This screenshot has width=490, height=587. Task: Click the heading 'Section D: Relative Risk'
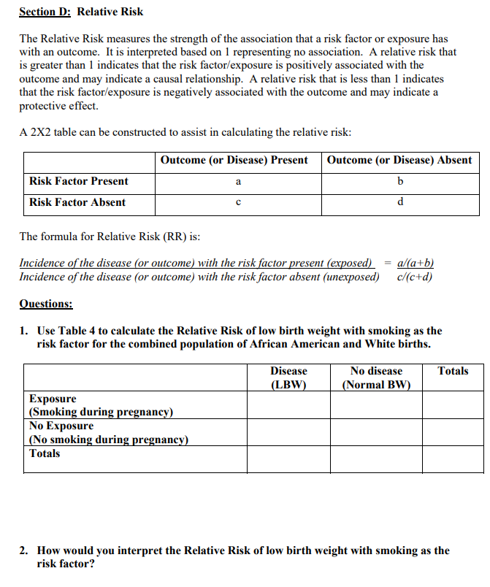(81, 12)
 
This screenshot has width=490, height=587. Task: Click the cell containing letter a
(238, 182)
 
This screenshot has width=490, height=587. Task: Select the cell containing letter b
(400, 182)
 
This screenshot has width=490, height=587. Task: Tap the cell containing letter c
(238, 203)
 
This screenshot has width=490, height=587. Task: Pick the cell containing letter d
(400, 203)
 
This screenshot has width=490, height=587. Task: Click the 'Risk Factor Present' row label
(78, 181)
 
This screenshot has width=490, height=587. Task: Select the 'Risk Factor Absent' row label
(77, 202)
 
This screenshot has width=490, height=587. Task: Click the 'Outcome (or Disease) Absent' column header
(399, 160)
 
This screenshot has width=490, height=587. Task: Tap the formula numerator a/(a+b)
(418, 263)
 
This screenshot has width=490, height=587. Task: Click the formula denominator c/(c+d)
(416, 276)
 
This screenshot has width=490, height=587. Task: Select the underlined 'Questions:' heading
(45, 304)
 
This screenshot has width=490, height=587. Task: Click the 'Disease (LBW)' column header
(288, 377)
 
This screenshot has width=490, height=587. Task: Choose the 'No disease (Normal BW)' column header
(376, 377)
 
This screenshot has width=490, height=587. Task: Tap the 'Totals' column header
(453, 371)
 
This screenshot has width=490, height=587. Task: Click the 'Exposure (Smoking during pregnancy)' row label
(101, 405)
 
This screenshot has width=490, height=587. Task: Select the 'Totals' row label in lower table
(45, 453)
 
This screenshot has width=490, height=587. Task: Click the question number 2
(23, 550)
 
